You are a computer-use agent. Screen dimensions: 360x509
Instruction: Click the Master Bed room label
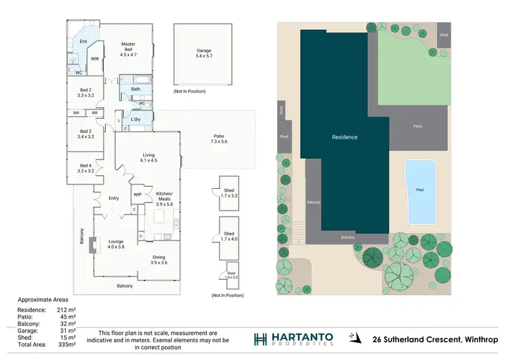click(x=128, y=50)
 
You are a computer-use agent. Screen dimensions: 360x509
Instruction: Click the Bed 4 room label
click(x=86, y=168)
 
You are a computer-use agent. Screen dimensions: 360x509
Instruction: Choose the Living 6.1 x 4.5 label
click(x=149, y=158)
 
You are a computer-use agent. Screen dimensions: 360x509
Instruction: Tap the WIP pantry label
click(x=137, y=195)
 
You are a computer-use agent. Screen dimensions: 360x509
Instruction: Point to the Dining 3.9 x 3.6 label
click(x=159, y=259)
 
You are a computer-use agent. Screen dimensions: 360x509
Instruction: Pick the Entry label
click(x=114, y=198)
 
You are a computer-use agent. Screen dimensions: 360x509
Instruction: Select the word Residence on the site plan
click(x=344, y=137)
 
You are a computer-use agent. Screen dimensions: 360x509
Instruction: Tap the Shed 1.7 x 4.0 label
click(x=229, y=236)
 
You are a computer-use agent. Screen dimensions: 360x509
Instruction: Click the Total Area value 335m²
click(x=67, y=345)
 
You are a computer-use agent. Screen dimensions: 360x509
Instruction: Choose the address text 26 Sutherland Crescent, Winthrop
click(x=431, y=339)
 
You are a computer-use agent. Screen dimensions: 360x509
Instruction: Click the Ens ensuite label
click(x=83, y=42)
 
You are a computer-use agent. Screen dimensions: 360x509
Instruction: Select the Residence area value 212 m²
click(x=67, y=310)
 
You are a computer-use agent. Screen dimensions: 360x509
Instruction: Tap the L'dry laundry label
click(x=136, y=120)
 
